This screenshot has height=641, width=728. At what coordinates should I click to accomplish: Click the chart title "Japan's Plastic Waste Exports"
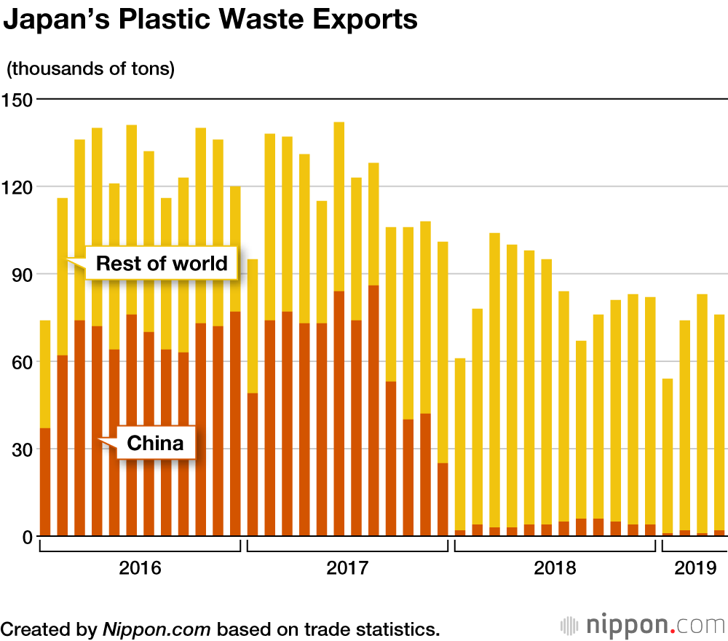[x=211, y=20]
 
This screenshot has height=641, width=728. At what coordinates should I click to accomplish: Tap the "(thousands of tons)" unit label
[x=91, y=69]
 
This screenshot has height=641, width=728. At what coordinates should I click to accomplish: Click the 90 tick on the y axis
[x=21, y=274]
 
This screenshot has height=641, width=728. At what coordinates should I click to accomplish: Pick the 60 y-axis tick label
[x=21, y=361]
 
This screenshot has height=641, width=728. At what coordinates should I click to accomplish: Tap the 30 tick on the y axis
[x=21, y=449]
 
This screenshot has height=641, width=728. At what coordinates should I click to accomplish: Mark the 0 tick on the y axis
[x=26, y=537]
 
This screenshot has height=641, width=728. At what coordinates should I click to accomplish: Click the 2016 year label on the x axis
[x=140, y=568]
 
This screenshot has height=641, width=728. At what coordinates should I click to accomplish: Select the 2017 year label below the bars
[x=347, y=568]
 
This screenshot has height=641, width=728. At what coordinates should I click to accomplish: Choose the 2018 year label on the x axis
[x=555, y=568]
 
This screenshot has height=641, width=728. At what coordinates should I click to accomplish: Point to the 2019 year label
[x=695, y=568]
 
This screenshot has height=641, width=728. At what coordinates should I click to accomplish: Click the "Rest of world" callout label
[x=162, y=263]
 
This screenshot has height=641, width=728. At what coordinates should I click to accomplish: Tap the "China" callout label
[x=155, y=443]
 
